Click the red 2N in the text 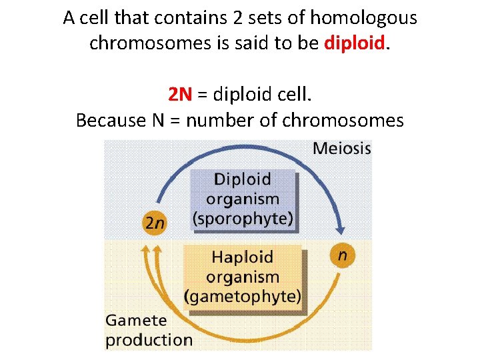point(180,95)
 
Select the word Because point(111,121)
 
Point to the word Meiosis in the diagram point(341,148)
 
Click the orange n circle point(342,255)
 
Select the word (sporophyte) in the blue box point(243,218)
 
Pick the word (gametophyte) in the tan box point(243,296)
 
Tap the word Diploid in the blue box point(243,179)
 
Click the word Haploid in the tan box point(243,257)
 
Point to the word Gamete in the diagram point(137,320)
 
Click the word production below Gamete point(149,339)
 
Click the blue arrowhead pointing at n point(340,229)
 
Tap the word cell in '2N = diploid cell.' point(297,95)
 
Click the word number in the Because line point(217,121)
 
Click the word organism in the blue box point(243,199)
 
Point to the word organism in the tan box point(243,276)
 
